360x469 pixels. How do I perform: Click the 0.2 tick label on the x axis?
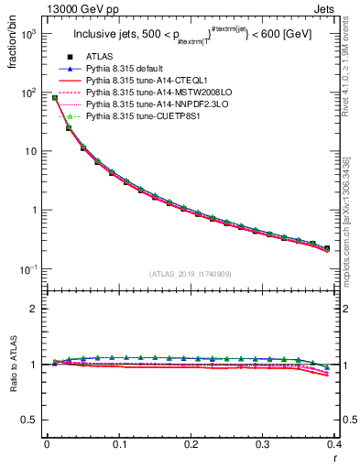191,443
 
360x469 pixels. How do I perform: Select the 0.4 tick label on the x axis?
334,443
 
